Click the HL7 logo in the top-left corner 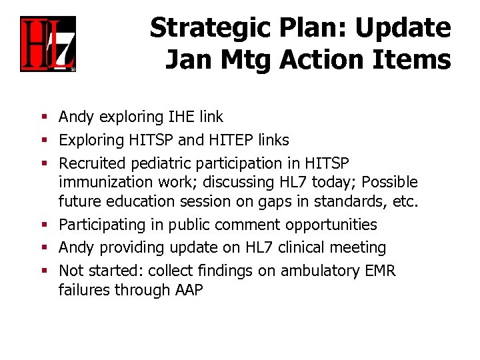(47, 44)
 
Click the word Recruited (92, 163)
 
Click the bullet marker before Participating (44, 225)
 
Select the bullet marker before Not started (44, 271)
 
